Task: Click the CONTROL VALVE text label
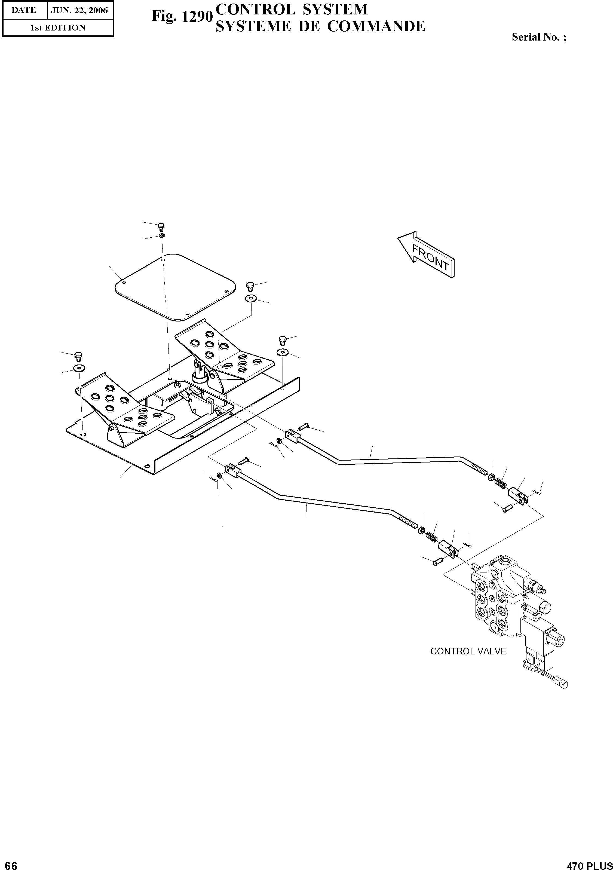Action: point(468,651)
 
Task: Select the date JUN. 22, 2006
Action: point(79,10)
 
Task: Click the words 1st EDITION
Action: point(58,28)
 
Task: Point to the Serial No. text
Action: point(539,37)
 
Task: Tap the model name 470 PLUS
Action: point(590,863)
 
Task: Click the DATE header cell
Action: point(24,10)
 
